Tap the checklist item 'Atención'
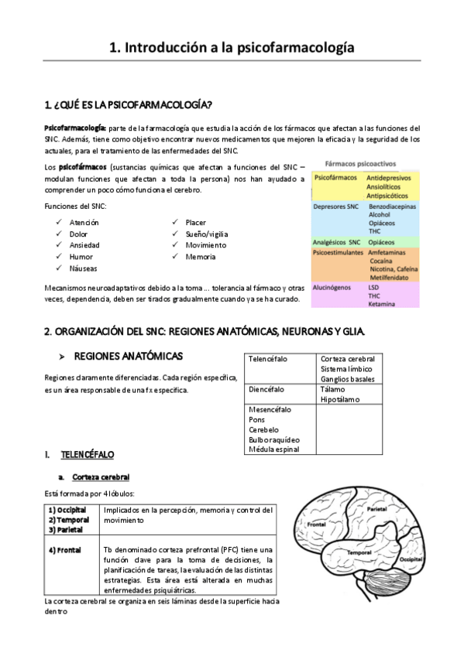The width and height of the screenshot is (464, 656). point(84,222)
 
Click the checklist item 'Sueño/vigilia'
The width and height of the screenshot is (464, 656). point(207,234)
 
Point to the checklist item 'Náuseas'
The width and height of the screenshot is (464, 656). point(83,268)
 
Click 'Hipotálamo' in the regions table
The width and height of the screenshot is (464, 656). point(339,400)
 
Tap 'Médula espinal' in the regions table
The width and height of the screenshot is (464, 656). point(274,449)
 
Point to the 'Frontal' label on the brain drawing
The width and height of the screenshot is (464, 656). point(315,524)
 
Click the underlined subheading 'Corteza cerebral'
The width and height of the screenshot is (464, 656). point(100,477)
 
